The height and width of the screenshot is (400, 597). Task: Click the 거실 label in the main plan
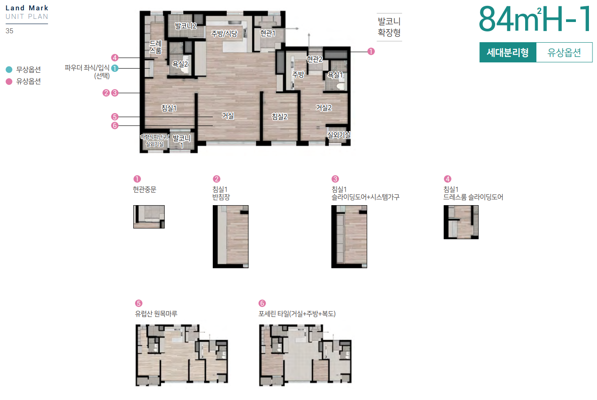(228, 116)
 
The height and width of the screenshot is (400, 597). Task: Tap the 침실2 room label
(279, 116)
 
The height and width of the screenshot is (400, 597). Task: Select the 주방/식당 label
(224, 34)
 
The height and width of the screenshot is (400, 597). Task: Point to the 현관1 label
(268, 33)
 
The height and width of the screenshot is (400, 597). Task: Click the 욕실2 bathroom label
(180, 64)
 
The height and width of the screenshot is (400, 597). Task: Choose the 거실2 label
(324, 108)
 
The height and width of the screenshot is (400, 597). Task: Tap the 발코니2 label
(185, 26)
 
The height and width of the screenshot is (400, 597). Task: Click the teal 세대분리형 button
(508, 52)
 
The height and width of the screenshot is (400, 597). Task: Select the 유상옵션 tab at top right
(564, 52)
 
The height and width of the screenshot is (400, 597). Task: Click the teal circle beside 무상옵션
(9, 70)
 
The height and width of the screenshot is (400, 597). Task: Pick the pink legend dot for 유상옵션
(9, 81)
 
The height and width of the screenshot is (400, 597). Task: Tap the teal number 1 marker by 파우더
(114, 68)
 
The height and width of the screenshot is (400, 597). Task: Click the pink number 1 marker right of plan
(371, 52)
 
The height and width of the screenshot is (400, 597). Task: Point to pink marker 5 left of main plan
(114, 117)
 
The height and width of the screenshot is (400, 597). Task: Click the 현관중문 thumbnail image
(149, 217)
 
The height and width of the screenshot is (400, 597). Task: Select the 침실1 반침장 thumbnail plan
(231, 237)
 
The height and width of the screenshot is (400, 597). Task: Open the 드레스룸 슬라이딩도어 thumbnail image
(461, 222)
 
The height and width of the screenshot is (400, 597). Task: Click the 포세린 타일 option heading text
(297, 314)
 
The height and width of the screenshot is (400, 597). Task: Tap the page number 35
(9, 31)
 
